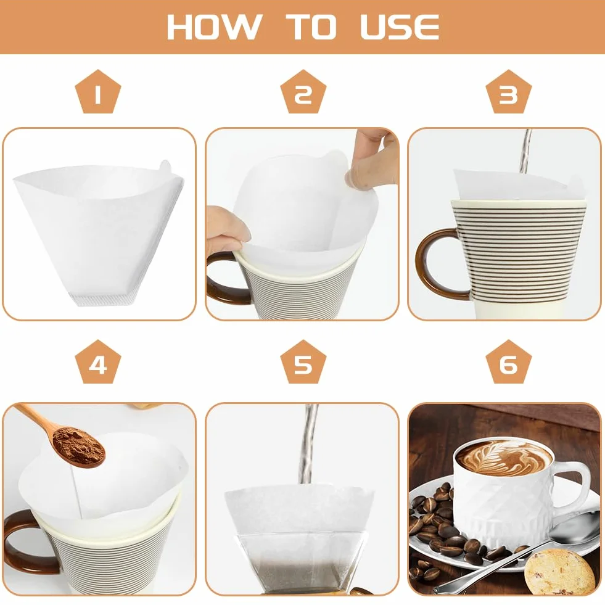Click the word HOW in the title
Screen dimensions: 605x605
[x=214, y=27]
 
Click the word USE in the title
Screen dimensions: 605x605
[x=400, y=27]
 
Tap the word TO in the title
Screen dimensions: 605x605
[x=311, y=27]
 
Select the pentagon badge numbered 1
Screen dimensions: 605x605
[x=98, y=92]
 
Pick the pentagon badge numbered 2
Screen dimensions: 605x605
[x=303, y=92]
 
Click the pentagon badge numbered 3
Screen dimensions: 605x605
[x=509, y=92]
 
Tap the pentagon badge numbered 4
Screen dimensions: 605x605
[x=98, y=362]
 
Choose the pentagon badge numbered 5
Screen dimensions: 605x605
[x=303, y=362]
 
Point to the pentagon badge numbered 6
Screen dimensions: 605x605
[x=509, y=362]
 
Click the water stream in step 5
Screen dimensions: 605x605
[x=309, y=443]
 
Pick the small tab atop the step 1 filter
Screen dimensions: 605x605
[x=165, y=167]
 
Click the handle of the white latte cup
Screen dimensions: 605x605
[x=574, y=487]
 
